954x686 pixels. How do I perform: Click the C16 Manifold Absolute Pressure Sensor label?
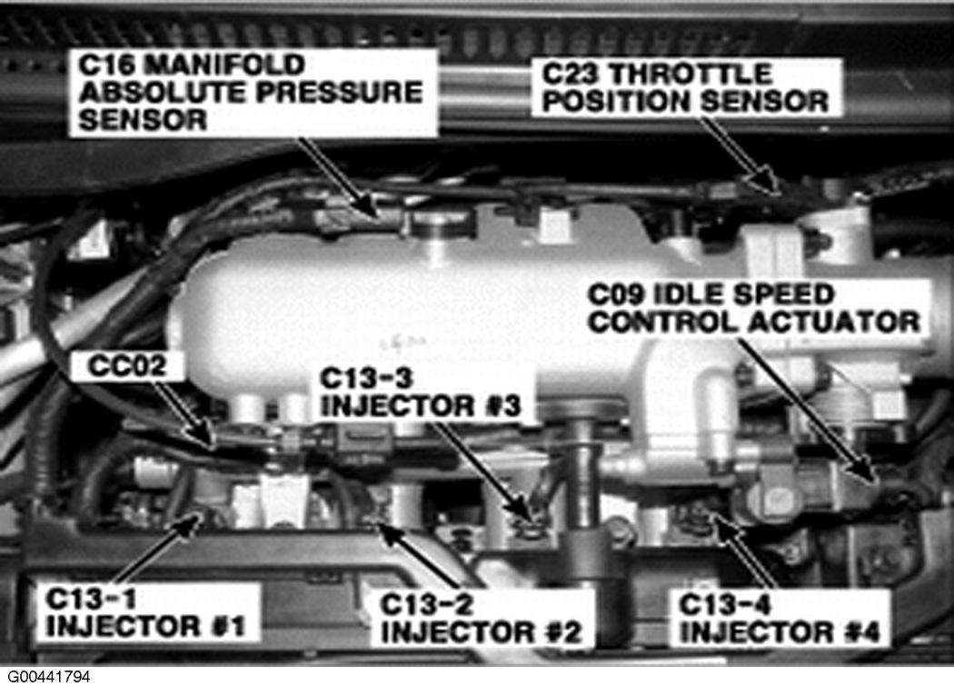pos(253,93)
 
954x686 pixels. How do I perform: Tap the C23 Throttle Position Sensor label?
pos(687,87)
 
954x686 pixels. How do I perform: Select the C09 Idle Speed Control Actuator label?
pos(756,309)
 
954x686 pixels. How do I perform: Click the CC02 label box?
pos(126,366)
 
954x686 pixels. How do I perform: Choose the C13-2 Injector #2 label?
pos(482,618)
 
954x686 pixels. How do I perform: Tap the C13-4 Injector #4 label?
pos(780,618)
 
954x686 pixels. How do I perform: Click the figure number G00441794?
pos(49,676)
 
